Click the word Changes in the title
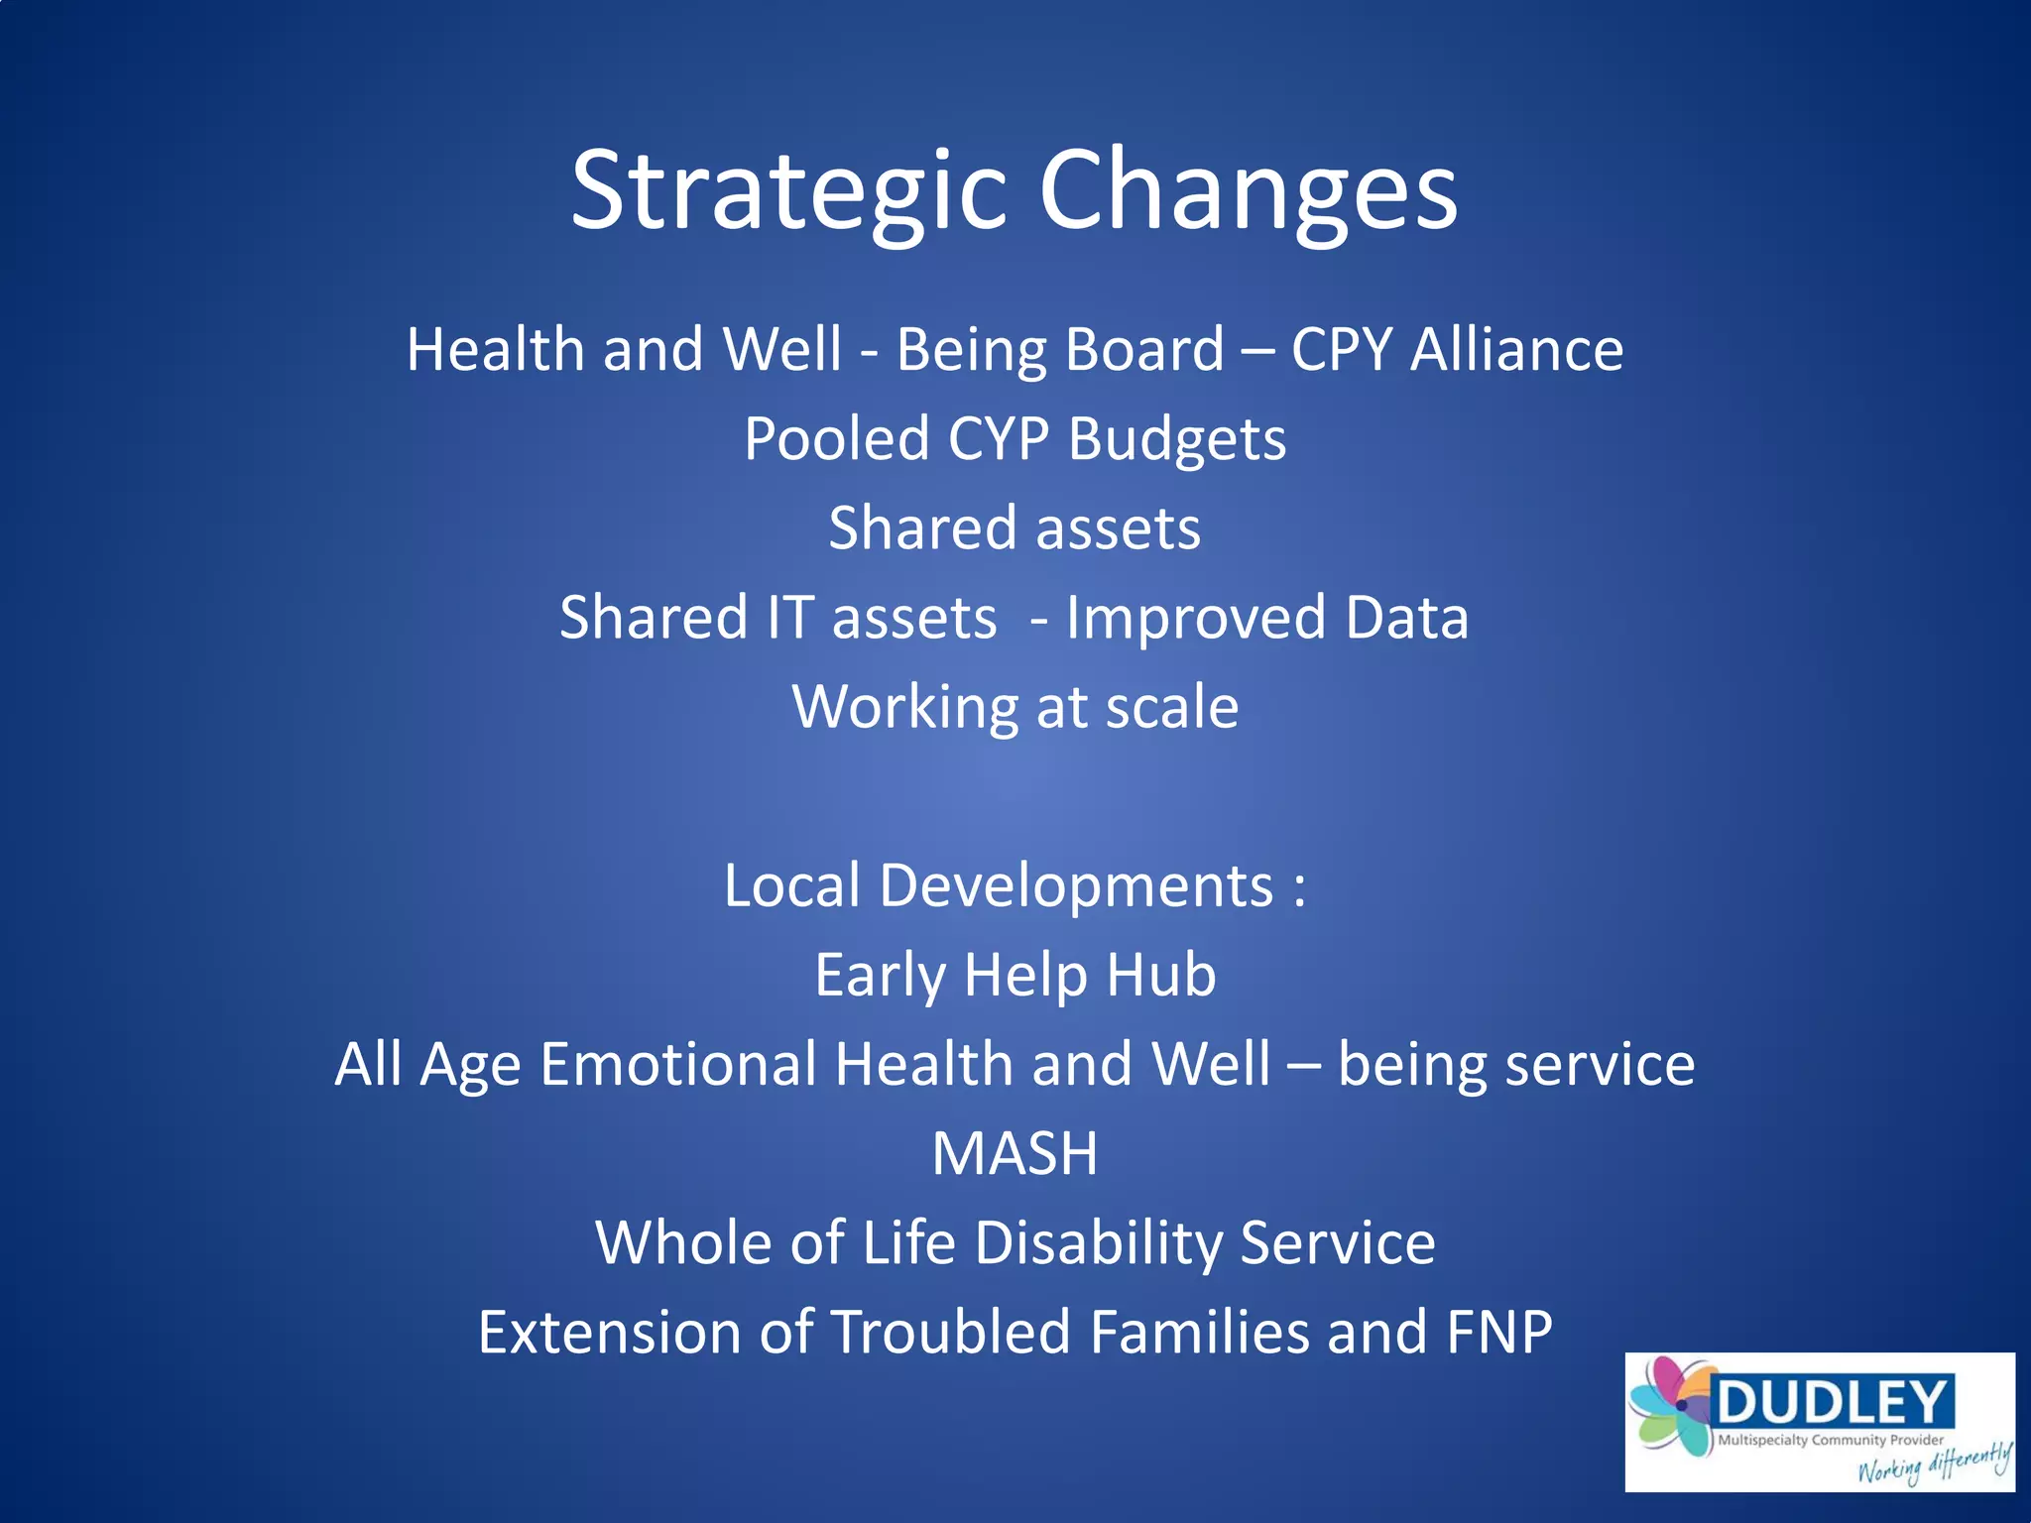coord(1248,190)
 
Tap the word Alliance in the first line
coord(1516,350)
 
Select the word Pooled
coord(836,438)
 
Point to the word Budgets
coord(1177,438)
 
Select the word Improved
coord(1195,617)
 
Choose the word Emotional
coord(677,1064)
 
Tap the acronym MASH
coord(1015,1153)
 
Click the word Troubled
coord(950,1332)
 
